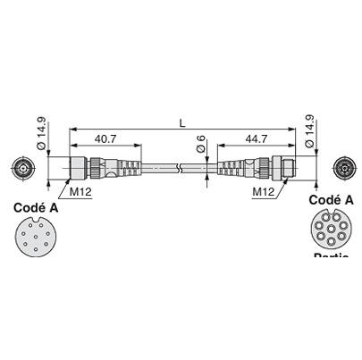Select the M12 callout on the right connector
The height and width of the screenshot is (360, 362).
(263, 190)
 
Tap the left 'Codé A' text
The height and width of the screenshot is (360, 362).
(37, 206)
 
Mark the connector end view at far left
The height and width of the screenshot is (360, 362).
(24, 168)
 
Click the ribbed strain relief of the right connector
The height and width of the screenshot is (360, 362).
(231, 168)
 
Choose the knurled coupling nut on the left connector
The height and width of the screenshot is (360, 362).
(92, 168)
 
